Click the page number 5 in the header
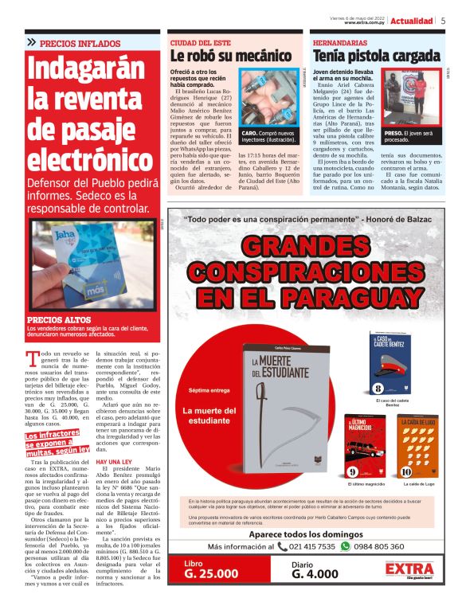(x=443, y=21)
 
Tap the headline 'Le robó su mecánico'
(x=231, y=56)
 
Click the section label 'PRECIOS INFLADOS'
(x=80, y=43)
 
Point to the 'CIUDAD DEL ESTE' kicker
(x=199, y=41)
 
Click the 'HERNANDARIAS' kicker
(x=340, y=41)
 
